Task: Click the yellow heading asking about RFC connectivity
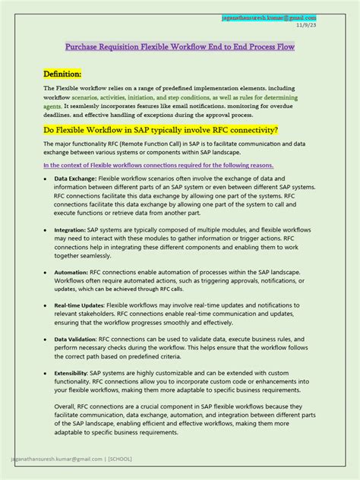tap(160, 130)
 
